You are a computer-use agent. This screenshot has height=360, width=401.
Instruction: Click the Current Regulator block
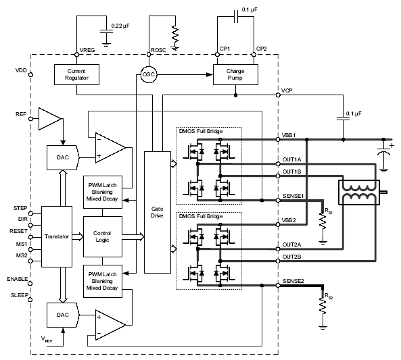77,74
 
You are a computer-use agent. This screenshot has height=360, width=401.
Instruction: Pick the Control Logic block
102,236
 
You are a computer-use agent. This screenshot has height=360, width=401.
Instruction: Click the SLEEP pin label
19,295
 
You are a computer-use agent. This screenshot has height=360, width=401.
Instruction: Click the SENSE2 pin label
294,281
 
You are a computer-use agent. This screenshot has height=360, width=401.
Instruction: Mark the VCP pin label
287,89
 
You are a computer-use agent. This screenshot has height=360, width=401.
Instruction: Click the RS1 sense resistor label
329,211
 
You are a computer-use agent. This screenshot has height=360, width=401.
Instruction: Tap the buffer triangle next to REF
49,120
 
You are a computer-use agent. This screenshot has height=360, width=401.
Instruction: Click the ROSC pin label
157,51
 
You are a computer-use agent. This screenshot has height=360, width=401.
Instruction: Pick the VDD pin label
20,70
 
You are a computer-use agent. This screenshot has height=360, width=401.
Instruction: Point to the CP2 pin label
262,50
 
